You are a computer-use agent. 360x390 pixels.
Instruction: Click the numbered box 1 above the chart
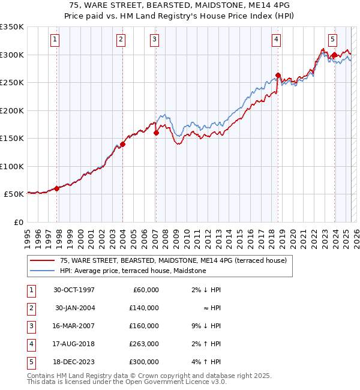[x=55, y=40]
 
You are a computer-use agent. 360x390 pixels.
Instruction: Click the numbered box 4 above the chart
[x=276, y=40]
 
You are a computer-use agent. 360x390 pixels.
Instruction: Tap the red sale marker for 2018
[x=278, y=76]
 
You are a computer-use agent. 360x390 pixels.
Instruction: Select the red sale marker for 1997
[x=57, y=188]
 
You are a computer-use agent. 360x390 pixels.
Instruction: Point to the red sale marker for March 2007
[x=156, y=133]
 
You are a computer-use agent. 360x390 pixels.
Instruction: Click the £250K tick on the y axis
[x=12, y=83]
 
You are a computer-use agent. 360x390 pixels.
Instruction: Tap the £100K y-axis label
[x=12, y=166]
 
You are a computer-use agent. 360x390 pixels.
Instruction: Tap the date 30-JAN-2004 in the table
[x=75, y=308]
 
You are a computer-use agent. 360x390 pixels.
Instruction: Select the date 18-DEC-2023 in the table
[x=75, y=362]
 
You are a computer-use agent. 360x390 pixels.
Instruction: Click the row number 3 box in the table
[x=31, y=326]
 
